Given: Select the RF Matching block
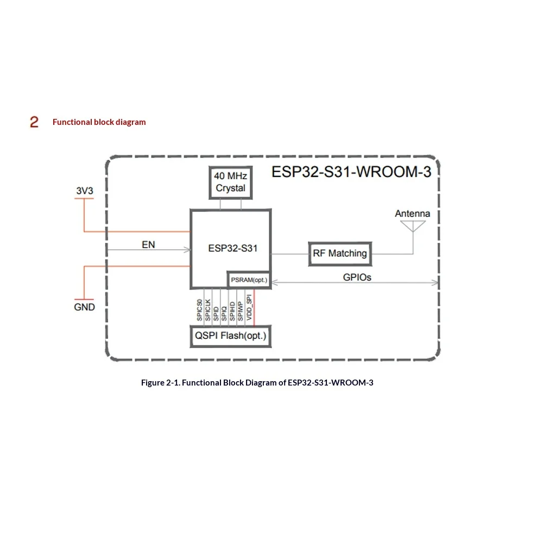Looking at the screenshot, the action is (340, 254).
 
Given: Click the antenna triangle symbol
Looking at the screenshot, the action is (413, 226).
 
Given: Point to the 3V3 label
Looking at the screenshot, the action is (85, 191).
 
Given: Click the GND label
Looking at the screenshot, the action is (84, 307).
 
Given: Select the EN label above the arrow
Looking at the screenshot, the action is (148, 245).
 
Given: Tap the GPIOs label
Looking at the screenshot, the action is (357, 277).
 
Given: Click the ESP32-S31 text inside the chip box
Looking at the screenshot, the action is (233, 248).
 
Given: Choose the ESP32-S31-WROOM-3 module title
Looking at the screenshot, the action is (351, 172).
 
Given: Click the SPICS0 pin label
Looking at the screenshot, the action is (199, 310).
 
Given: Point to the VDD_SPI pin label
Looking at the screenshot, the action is (249, 307).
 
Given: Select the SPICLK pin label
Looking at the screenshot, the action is (208, 310).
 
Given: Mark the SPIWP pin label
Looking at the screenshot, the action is (241, 311).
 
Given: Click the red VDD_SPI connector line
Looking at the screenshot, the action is (254, 307).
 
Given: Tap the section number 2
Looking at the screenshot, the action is (34, 122).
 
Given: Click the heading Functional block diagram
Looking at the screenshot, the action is (99, 122).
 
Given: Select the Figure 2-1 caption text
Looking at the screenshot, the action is (257, 383).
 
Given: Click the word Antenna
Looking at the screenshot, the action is (413, 213).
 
